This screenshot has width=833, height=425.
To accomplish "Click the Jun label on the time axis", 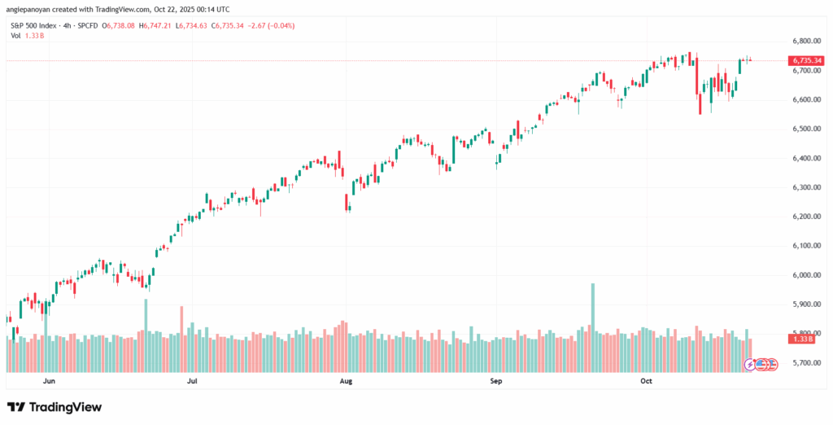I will pos(48,380).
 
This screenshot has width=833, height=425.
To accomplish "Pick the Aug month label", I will pos(345,380).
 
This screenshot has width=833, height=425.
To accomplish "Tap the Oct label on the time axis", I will pos(647,380).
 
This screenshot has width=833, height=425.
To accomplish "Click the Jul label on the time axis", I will pos(193,380).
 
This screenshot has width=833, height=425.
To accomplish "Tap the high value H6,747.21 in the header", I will pos(160,26).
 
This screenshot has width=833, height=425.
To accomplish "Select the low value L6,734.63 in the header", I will pos(194,26).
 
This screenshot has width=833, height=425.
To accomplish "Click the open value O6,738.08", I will pos(126,26).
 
